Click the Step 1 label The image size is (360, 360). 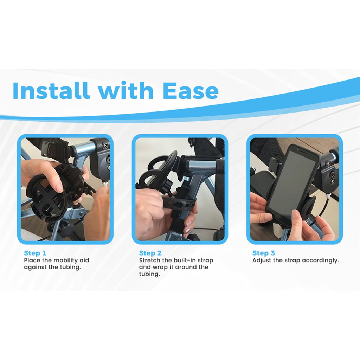(x=35, y=253)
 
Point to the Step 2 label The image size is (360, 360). (x=150, y=253)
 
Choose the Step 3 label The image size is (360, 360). (x=264, y=253)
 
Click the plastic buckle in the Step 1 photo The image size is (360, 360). (x=49, y=148)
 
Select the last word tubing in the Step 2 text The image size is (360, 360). (x=149, y=274)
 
